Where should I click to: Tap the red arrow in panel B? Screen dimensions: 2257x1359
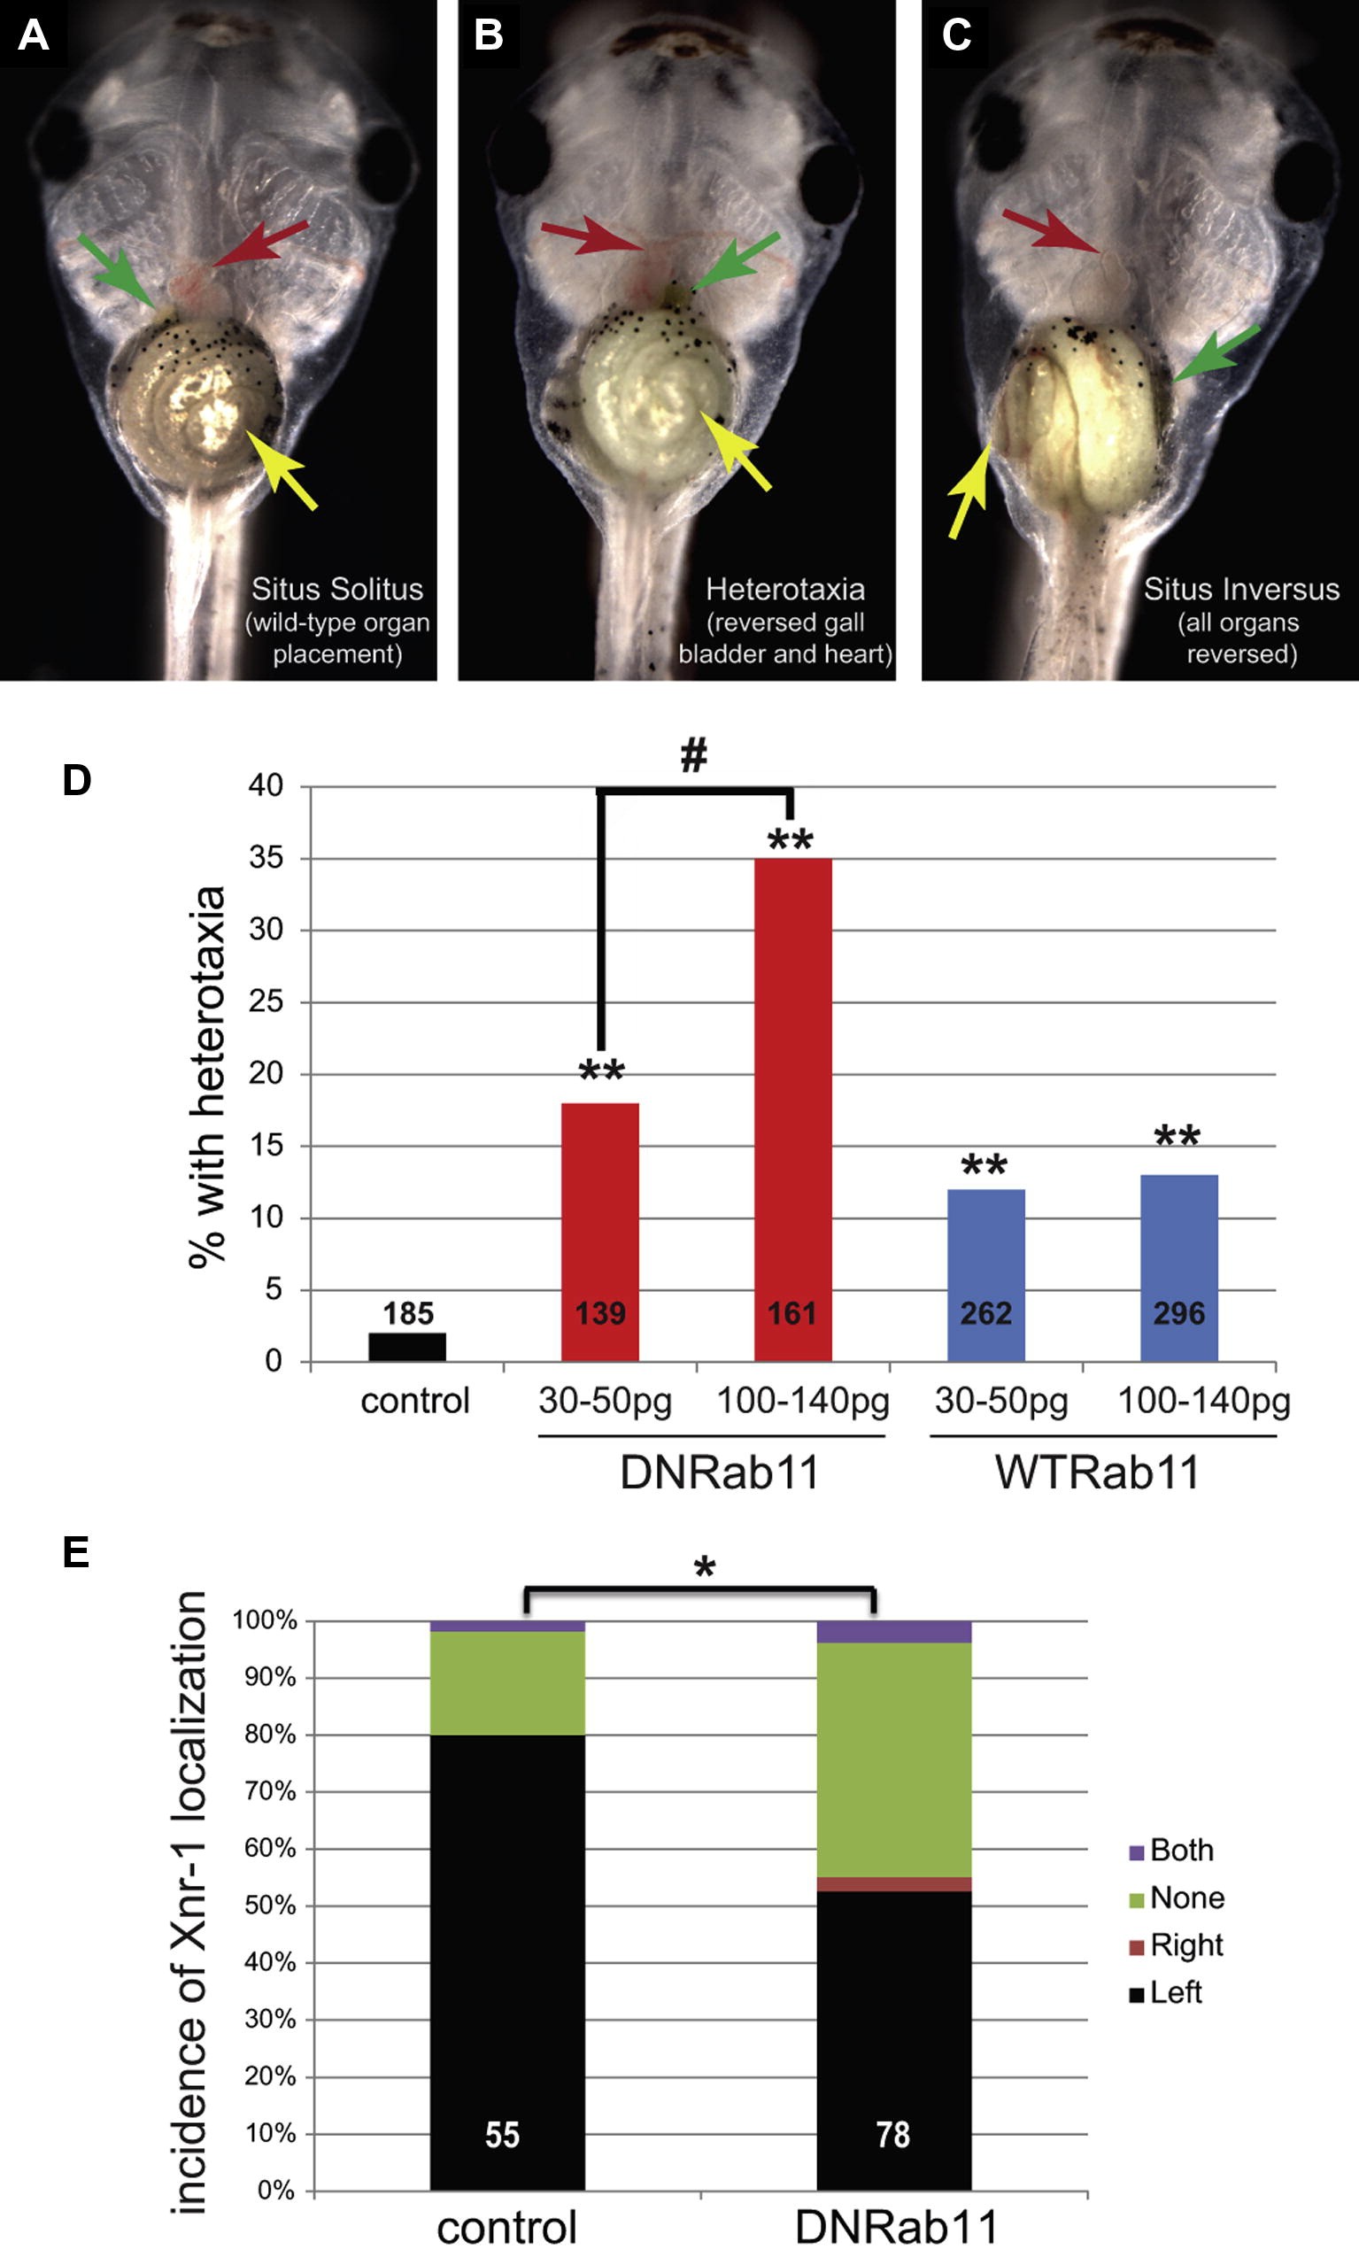click(x=591, y=237)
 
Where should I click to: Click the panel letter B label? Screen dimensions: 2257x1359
click(x=488, y=35)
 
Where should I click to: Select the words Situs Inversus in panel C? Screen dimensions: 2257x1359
click(x=1241, y=589)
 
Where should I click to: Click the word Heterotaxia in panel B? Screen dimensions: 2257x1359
click(x=784, y=589)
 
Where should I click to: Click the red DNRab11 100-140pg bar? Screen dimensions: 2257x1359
click(x=792, y=1108)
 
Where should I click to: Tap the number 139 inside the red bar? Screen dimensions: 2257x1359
click(x=600, y=1313)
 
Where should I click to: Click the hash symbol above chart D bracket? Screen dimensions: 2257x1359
click(x=694, y=756)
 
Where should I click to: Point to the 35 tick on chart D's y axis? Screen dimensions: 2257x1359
click(x=266, y=858)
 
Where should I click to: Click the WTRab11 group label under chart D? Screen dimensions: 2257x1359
click(x=1097, y=1473)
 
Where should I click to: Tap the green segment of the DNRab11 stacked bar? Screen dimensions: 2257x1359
click(x=893, y=1758)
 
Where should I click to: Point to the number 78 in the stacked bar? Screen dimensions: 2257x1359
click(x=893, y=2134)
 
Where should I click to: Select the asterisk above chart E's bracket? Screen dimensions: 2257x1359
click(x=703, y=1567)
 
